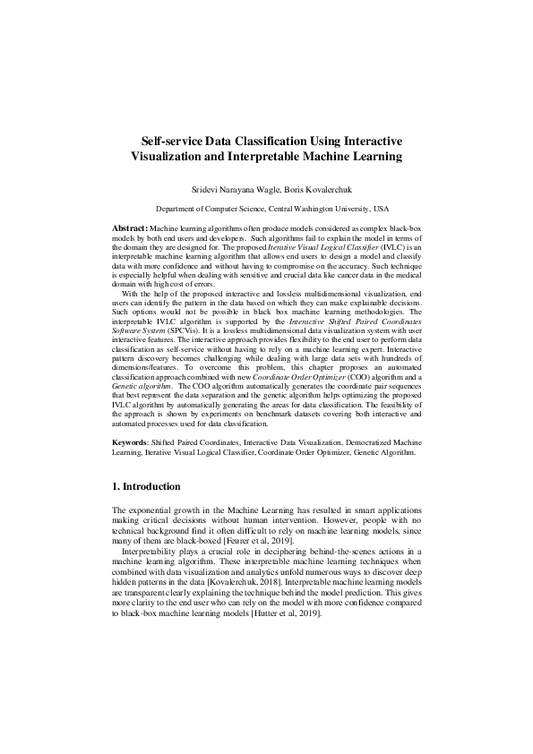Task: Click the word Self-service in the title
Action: pos(174,141)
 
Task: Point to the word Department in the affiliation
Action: pos(176,206)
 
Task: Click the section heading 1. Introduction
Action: pos(146,486)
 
